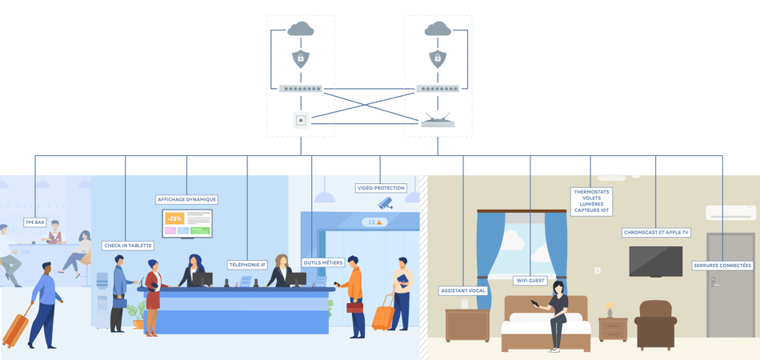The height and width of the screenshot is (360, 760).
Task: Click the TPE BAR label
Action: pyautogui.click(x=34, y=222)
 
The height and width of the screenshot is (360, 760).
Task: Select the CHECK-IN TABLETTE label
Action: pyautogui.click(x=128, y=246)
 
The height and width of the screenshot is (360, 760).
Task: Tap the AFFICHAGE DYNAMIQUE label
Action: pyautogui.click(x=186, y=199)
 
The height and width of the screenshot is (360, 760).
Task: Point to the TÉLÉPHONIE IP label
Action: pyautogui.click(x=247, y=264)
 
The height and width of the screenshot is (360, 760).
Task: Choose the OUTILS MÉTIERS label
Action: pyautogui.click(x=323, y=262)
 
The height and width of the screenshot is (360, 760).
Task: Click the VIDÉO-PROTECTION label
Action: pyautogui.click(x=381, y=188)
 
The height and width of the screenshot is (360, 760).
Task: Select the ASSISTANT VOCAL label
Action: pyautogui.click(x=463, y=290)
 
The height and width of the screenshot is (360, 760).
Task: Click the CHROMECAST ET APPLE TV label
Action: pyautogui.click(x=656, y=233)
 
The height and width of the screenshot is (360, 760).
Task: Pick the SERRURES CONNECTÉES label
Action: pyautogui.click(x=722, y=265)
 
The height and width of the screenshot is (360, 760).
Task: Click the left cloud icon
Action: pyautogui.click(x=301, y=30)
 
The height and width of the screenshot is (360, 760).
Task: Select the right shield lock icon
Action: pyautogui.click(x=438, y=58)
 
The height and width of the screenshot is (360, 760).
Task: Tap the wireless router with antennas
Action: pyautogui.click(x=438, y=122)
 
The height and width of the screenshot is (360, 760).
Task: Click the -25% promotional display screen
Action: pyautogui.click(x=187, y=223)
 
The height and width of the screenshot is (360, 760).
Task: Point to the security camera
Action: pyautogui.click(x=386, y=202)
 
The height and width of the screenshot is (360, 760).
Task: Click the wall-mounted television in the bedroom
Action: pyautogui.click(x=656, y=262)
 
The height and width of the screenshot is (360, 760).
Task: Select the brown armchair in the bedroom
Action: pyautogui.click(x=654, y=324)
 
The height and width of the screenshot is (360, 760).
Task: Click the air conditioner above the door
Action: pyautogui.click(x=730, y=213)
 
